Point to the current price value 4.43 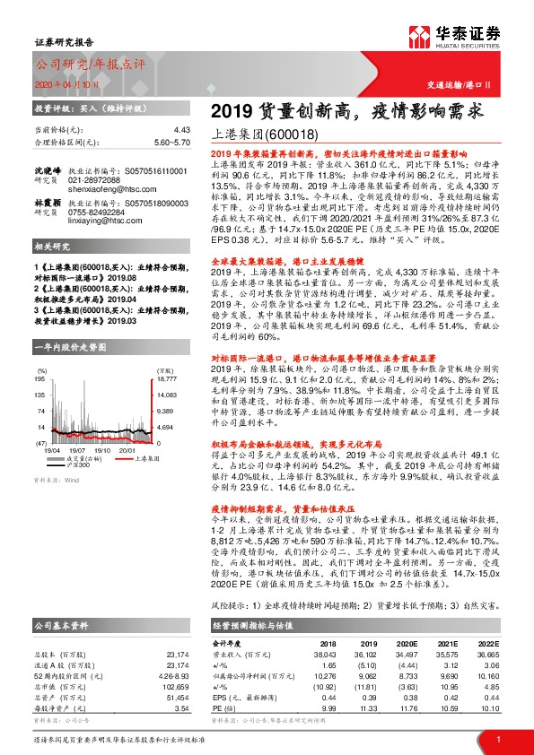pyautogui.click(x=182, y=130)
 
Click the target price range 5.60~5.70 pyautogui.click(x=172, y=142)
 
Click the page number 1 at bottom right pyautogui.click(x=497, y=738)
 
